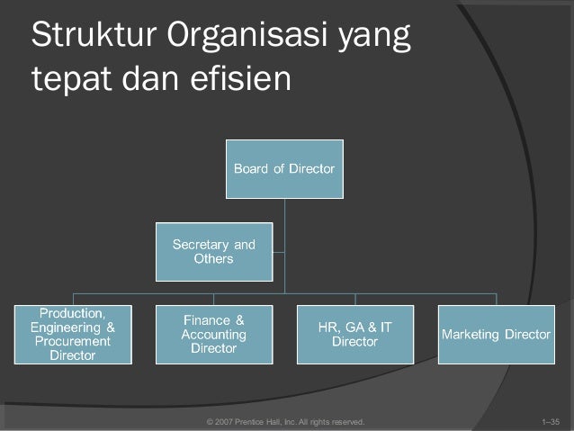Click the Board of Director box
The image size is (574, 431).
284,168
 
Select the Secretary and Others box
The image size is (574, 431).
214,251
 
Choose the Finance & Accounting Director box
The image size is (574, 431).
214,334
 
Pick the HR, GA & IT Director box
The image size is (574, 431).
354,334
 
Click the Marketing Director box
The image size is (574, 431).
495,334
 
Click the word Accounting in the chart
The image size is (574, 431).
214,334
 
